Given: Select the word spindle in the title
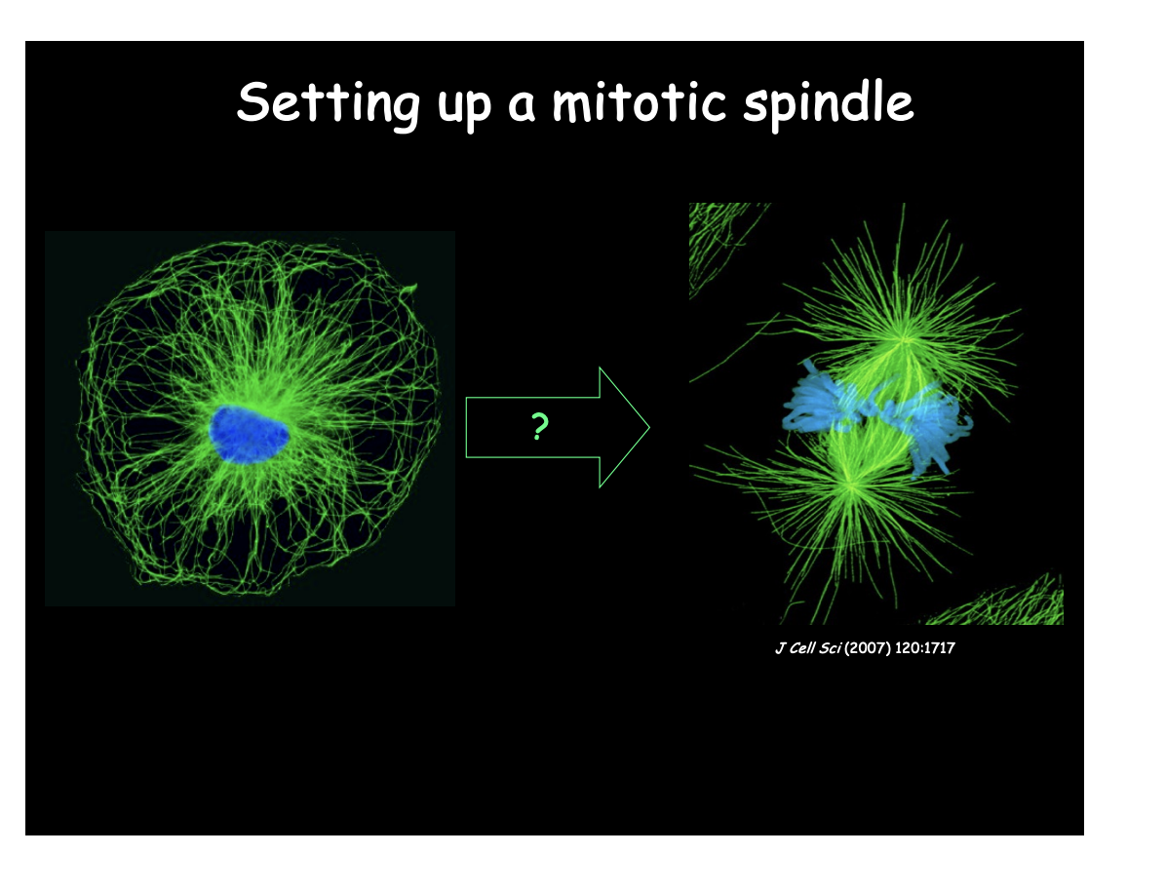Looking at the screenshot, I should [828, 103].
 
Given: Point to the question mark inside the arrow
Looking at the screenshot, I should [538, 427].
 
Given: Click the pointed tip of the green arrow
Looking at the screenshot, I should [647, 427].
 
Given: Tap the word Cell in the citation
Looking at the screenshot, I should [802, 648].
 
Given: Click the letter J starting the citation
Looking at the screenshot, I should [779, 648].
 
